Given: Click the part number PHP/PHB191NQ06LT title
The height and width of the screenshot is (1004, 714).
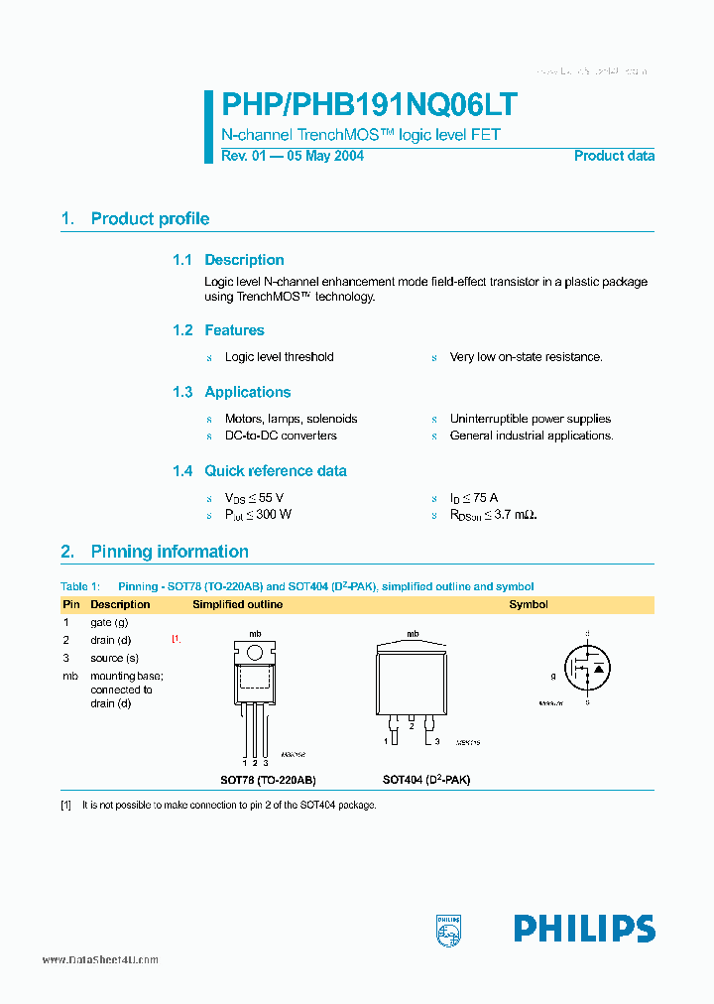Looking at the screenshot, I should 368,106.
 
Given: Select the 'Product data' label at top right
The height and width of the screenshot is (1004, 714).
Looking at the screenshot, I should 614,156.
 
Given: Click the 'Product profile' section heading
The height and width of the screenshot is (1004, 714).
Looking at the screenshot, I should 150,219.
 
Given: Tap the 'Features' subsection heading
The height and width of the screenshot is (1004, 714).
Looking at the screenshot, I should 234,330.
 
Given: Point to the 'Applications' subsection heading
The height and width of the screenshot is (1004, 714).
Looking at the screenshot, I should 247,392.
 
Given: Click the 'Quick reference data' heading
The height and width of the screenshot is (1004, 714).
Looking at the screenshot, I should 275,471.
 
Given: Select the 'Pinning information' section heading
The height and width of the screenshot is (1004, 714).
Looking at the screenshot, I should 170,552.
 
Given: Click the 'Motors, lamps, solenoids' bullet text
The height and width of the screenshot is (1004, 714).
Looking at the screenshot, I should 291,419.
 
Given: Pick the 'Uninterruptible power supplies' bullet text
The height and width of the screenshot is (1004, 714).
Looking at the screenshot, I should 530,419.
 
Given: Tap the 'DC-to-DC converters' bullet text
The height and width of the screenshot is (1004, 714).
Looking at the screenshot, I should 281,436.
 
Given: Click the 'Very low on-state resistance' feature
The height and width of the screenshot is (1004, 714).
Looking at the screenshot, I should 526,357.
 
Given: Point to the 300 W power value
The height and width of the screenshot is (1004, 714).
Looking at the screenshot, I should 274,515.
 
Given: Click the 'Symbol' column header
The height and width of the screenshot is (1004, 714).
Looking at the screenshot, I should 529,604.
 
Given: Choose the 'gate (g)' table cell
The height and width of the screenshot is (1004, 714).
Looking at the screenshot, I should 109,622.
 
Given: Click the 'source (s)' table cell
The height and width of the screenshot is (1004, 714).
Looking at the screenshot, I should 114,658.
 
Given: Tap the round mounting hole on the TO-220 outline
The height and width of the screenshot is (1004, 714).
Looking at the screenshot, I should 254,652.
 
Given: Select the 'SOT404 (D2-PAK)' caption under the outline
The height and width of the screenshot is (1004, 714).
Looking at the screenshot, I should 426,780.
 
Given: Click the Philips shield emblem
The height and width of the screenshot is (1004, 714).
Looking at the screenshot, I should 449,929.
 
